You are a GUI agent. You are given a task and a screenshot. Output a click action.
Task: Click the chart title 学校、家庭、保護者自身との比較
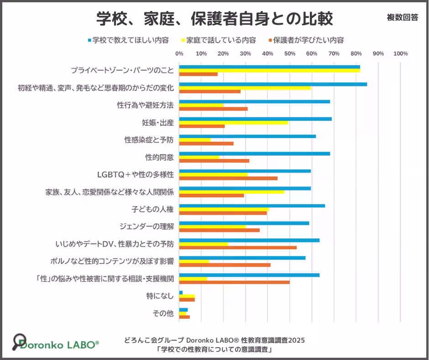pyautogui.click(x=214, y=19)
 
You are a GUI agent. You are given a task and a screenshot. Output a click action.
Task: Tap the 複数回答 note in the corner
pyautogui.click(x=403, y=17)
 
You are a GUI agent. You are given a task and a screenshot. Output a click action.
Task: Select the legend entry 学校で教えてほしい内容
pyautogui.click(x=128, y=40)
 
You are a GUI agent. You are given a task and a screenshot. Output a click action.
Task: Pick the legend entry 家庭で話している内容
pyautogui.click(x=219, y=40)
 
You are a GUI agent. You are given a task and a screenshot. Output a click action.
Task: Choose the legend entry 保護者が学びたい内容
pyautogui.click(x=306, y=40)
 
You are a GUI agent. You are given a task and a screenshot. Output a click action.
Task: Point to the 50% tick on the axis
pyautogui.click(x=290, y=54)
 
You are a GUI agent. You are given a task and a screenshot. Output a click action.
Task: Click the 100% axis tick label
pyautogui.click(x=401, y=54)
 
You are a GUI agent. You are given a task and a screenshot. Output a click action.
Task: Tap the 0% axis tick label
pyautogui.click(x=179, y=54)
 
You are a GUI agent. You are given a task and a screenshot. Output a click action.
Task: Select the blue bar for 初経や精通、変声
pyautogui.click(x=273, y=85)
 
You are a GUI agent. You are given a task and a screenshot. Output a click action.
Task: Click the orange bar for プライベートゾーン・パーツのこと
pyautogui.click(x=199, y=74)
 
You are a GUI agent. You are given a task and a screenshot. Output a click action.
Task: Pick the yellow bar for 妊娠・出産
pyautogui.click(x=234, y=123)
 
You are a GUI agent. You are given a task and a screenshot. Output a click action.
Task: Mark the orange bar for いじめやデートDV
pyautogui.click(x=238, y=248)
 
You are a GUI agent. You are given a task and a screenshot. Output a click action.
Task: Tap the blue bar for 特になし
pyautogui.click(x=181, y=292)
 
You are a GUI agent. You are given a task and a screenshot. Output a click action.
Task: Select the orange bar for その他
pyautogui.click(x=184, y=317)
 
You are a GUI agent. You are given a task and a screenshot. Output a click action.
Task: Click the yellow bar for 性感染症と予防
pyautogui.click(x=195, y=140)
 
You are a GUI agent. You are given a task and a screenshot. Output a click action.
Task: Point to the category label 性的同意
pyautogui.click(x=160, y=157)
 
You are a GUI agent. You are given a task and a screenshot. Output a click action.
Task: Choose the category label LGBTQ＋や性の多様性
pyautogui.click(x=136, y=175)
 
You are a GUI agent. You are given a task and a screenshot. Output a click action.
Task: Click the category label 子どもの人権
pyautogui.click(x=153, y=209)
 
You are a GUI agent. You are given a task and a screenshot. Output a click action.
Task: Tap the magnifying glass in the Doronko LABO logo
pyautogui.click(x=19, y=341)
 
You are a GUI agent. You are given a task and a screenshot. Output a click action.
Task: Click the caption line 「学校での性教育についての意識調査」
pyautogui.click(x=214, y=349)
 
